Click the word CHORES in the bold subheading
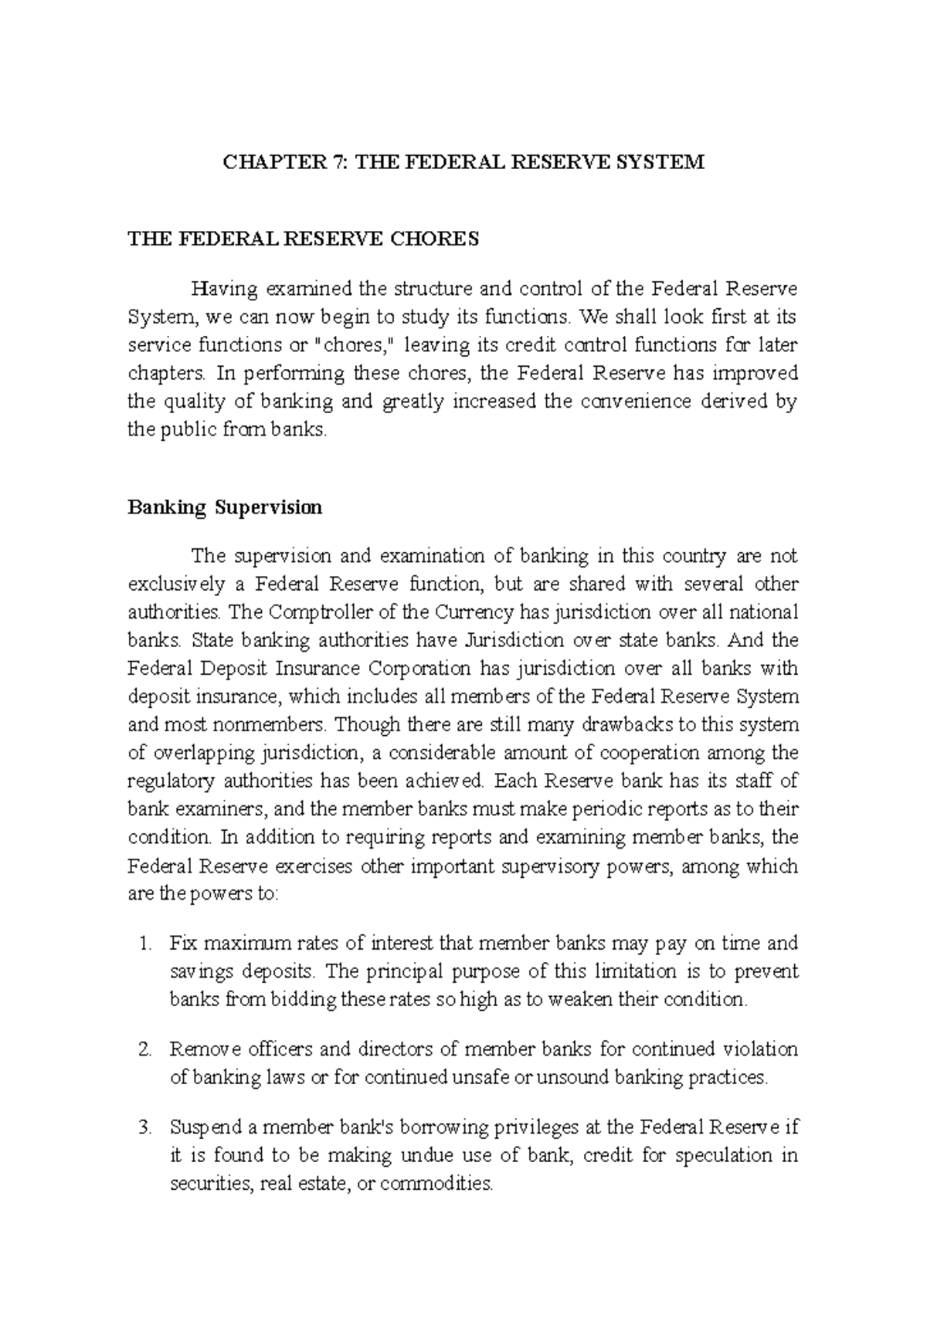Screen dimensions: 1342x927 [x=436, y=239]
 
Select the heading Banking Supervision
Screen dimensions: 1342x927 [x=225, y=508]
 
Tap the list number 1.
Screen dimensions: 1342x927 [x=142, y=944]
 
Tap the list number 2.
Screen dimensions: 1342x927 [x=142, y=1050]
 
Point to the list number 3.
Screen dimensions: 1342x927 [x=142, y=1128]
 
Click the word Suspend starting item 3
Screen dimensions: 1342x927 [x=205, y=1128]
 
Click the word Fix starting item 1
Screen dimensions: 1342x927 [x=182, y=944]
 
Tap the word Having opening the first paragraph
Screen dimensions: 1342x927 [x=225, y=290]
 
